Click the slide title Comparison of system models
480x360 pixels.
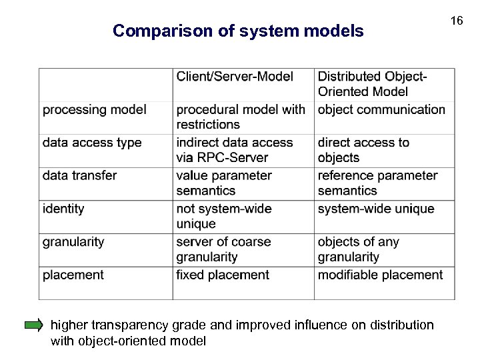pos(238,31)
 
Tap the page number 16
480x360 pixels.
pos(456,21)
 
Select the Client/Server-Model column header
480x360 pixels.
pos(235,77)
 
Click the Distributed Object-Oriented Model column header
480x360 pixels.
pos(373,84)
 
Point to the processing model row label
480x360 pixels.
pos(95,109)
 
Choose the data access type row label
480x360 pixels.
pos(92,142)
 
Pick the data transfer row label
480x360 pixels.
pos(79,175)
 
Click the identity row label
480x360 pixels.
pos(63,209)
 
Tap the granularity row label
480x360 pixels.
pos(73,241)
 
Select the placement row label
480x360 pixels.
pos(73,275)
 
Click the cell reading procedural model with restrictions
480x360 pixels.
pos(241,117)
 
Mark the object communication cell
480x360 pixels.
pos(381,109)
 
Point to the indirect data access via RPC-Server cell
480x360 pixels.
pos(235,150)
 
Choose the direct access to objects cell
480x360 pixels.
pos(363,150)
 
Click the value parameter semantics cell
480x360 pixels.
pos(224,183)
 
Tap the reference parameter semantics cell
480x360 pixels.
pos(377,183)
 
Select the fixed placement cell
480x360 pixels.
pos(223,275)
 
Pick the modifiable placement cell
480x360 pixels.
pos(380,275)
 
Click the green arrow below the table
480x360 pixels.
pos(33,325)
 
